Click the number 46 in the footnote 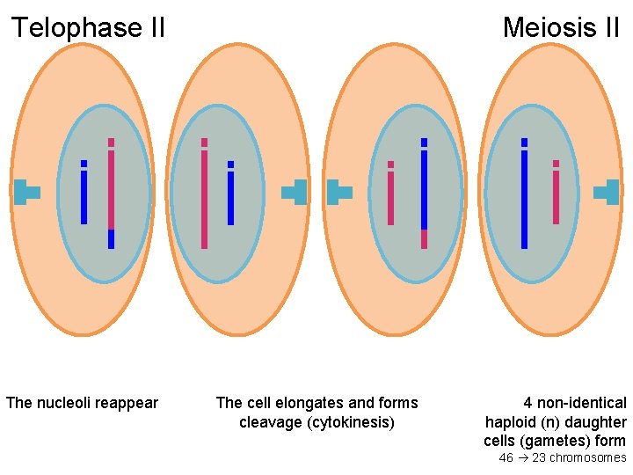506,457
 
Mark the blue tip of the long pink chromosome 111,238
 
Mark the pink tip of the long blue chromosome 424,238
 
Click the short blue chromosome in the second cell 230,195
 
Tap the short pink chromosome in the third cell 390,195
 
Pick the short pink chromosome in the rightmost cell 556,195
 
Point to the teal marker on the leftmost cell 25,192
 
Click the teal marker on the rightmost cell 608,192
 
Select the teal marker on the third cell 338,192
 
